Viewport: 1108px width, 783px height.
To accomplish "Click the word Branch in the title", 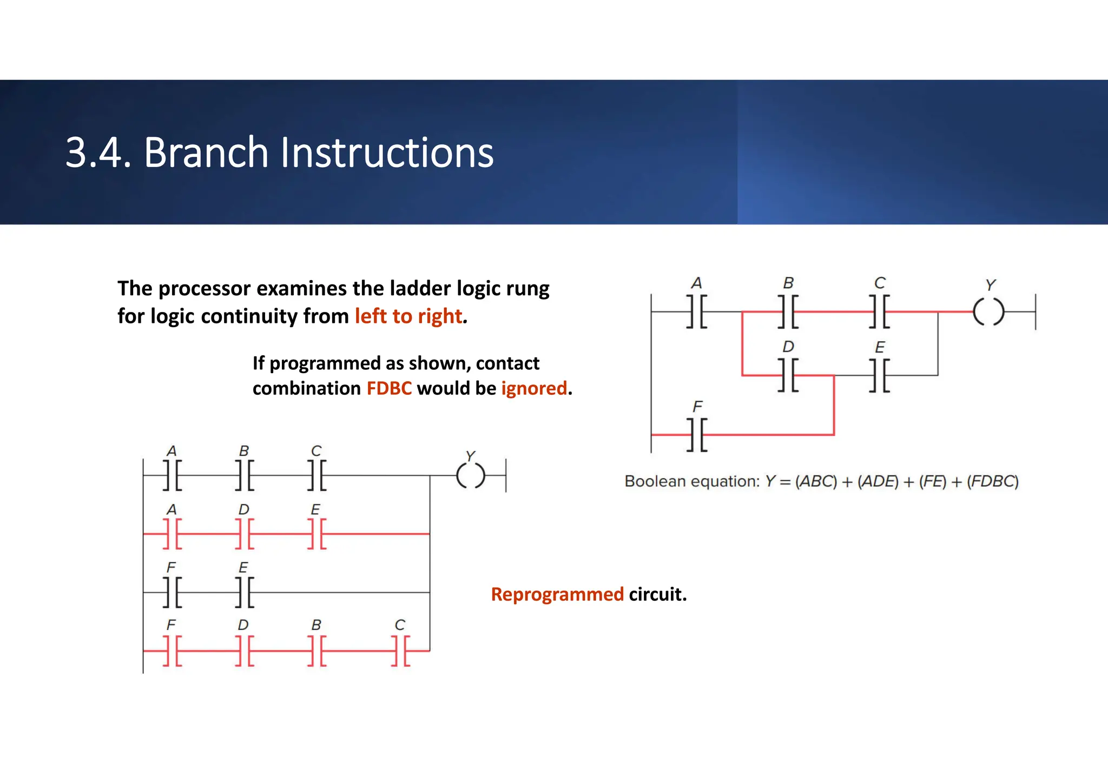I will pyautogui.click(x=206, y=152).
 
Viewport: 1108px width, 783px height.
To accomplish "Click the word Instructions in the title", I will pyautogui.click(x=386, y=152).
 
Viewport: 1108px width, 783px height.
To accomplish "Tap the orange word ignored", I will pyautogui.click(x=534, y=388).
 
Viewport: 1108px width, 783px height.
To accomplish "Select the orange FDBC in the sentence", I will pyautogui.click(x=389, y=388).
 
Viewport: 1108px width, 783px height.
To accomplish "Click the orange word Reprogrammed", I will pyautogui.click(x=557, y=594).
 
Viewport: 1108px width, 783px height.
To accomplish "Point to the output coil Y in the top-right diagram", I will pyautogui.click(x=988, y=312).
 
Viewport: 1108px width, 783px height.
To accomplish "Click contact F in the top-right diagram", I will pyautogui.click(x=697, y=434).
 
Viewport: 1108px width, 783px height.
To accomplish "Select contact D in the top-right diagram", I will pyautogui.click(x=788, y=375).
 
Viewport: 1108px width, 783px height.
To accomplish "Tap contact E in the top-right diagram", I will pyautogui.click(x=880, y=375).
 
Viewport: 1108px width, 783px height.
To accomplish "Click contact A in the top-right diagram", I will pyautogui.click(x=697, y=312).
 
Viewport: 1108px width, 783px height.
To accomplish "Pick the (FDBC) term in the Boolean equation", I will pyautogui.click(x=993, y=481).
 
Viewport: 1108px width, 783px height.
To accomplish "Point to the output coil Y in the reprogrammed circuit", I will pyautogui.click(x=470, y=476).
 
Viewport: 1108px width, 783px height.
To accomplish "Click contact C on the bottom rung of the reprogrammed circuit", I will pyautogui.click(x=400, y=651).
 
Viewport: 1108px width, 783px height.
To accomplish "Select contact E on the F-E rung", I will pyautogui.click(x=245, y=592).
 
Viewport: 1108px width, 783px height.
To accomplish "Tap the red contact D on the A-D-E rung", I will pyautogui.click(x=245, y=534).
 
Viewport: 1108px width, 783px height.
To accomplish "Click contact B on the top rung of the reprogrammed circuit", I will pyautogui.click(x=245, y=476).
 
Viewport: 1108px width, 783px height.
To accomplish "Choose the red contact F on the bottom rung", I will pyautogui.click(x=172, y=651).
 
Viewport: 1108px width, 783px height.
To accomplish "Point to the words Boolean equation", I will pyautogui.click(x=691, y=481).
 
